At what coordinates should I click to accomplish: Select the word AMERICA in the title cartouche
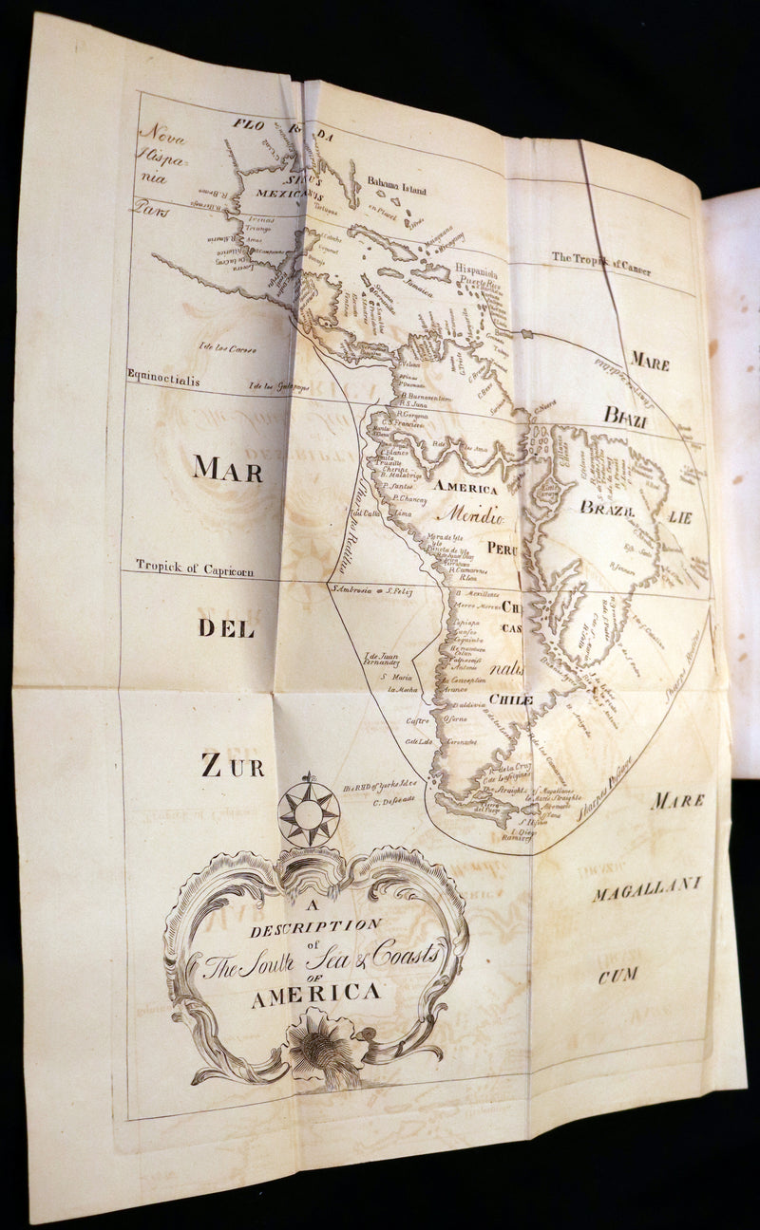tap(315, 993)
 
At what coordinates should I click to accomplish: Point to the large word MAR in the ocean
tap(228, 468)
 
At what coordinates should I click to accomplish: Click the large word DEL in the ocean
tap(226, 627)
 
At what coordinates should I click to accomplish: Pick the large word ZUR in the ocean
tap(232, 765)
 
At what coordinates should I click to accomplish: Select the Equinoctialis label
tap(166, 374)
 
